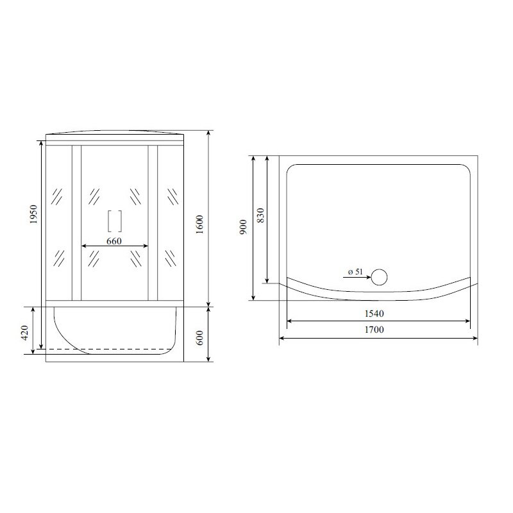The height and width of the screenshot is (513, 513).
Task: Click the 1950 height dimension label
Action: coord(34,214)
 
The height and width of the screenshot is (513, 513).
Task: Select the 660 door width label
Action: coord(114,241)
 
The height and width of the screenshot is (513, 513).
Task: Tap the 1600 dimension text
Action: coord(199,224)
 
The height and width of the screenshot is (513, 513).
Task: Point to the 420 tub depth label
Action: coord(25,333)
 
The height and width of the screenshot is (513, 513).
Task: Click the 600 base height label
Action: coord(199,338)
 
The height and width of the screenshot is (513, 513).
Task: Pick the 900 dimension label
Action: coord(243,227)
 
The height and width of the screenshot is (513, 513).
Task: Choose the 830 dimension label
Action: coord(260,215)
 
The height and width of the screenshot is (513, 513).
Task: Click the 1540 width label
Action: coord(374,314)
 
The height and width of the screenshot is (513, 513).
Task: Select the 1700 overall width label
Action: coord(374,330)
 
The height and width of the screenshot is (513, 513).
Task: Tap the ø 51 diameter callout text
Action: coord(355,271)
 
